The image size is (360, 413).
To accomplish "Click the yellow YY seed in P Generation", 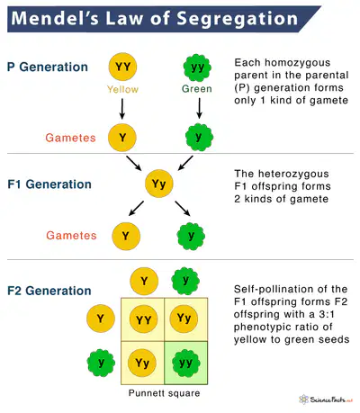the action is [x=122, y=67].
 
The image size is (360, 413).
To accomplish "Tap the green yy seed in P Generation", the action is [x=197, y=67].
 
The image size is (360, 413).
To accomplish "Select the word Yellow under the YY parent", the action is [x=122, y=89].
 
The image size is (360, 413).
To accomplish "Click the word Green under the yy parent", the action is [x=197, y=89].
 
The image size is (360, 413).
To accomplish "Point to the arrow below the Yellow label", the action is [x=122, y=109].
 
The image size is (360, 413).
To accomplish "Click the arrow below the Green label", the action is [x=199, y=108].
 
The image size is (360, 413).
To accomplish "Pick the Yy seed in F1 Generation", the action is [x=159, y=184].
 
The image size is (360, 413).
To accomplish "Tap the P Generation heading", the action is [x=48, y=67].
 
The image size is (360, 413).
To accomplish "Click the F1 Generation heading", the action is [x=49, y=184].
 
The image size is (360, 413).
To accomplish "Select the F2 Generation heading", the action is [x=49, y=291].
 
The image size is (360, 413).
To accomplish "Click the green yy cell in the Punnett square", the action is [x=186, y=363].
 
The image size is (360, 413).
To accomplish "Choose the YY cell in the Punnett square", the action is [x=143, y=319].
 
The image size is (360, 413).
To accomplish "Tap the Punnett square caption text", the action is [x=164, y=393].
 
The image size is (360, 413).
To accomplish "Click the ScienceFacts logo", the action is [x=326, y=400].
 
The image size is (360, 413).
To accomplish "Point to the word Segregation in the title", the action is [x=237, y=18].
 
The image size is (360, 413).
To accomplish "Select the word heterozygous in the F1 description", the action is [x=293, y=174].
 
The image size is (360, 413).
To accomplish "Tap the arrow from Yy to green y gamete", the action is [x=183, y=209].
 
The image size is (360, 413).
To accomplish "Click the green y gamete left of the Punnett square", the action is [x=101, y=363].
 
